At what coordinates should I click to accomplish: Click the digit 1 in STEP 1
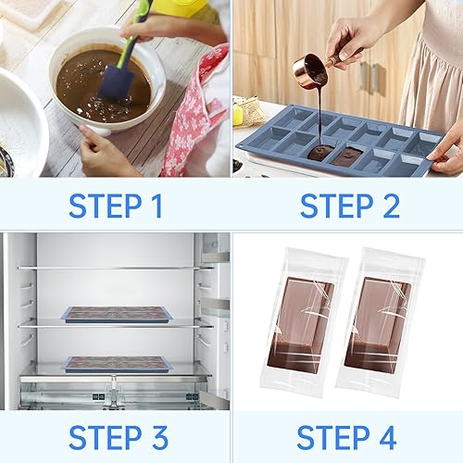(157, 206)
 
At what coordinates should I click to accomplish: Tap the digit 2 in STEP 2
(391, 206)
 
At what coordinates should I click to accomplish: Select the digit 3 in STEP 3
(159, 437)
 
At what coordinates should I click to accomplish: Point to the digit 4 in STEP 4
(387, 437)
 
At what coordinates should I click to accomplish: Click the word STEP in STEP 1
(106, 206)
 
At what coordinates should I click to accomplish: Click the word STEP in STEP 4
(333, 437)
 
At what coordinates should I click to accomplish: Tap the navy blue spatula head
(116, 82)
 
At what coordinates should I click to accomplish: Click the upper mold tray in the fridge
(117, 315)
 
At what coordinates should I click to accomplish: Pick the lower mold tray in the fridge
(117, 365)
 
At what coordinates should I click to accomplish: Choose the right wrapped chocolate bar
(381, 322)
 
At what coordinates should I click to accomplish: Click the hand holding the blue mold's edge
(446, 151)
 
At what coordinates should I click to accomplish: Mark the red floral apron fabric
(193, 114)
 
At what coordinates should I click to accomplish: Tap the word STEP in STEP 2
(337, 206)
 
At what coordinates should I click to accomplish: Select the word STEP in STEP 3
(106, 437)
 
